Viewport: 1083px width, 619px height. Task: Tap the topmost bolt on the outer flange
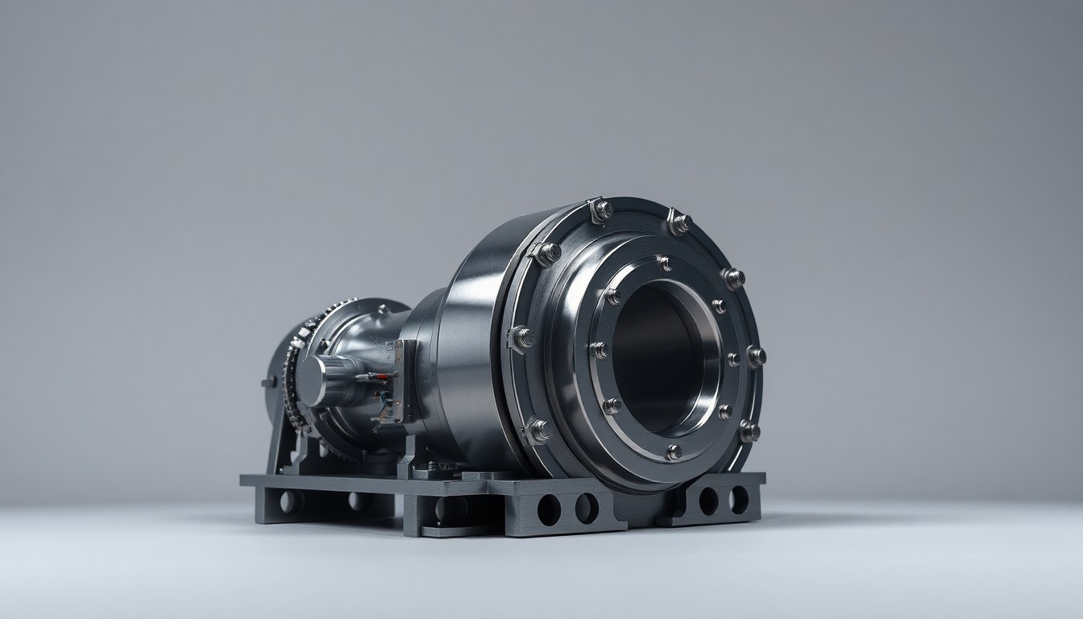600,210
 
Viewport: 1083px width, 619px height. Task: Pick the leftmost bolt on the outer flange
521,338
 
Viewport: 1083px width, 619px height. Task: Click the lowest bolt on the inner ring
672,451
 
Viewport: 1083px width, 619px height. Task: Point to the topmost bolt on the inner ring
663,263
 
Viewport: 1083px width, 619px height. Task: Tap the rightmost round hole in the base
738,499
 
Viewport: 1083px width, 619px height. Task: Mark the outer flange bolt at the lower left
537,430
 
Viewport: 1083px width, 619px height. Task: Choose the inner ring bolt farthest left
599,350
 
